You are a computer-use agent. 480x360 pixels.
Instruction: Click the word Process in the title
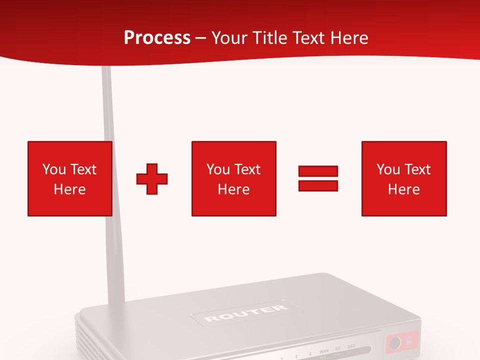pos(157,37)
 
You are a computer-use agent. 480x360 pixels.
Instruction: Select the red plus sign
pos(152,178)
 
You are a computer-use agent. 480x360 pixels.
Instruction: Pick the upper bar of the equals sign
pos(318,171)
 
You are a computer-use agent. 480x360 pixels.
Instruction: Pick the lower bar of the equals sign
pos(318,185)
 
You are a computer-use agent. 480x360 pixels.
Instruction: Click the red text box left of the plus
pos(69,178)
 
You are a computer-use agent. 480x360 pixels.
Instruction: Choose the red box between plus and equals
pos(233,178)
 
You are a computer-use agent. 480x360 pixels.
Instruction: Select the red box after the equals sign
pos(403,178)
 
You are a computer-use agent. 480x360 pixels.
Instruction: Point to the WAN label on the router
pos(324,352)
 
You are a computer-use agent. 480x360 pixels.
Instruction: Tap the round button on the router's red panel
pos(395,343)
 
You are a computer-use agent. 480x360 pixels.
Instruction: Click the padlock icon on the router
pos(409,342)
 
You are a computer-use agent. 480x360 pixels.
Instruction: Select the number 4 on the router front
pos(310,354)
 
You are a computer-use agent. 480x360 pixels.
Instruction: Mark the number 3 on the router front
pos(296,356)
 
